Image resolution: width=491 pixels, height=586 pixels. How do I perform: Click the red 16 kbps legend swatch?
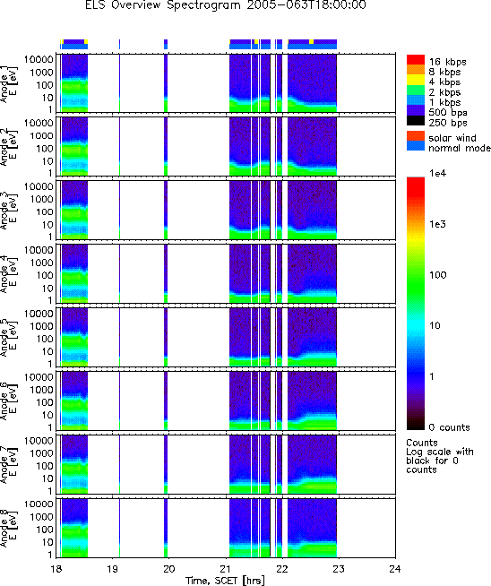tap(416, 60)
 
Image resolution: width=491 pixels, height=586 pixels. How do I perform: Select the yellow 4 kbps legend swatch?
tap(416, 80)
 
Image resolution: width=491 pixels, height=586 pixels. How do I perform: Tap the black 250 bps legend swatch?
tap(416, 120)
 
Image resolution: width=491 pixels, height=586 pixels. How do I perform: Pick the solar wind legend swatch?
tap(416, 135)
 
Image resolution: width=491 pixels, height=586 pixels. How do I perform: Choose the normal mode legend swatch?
tap(416, 146)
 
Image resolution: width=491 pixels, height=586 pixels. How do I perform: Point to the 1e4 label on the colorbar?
tap(438, 174)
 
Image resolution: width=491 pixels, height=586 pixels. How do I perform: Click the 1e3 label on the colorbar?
tap(438, 224)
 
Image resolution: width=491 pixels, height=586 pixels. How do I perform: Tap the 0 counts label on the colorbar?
tap(449, 427)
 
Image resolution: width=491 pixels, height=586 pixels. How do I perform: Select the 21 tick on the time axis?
tap(225, 569)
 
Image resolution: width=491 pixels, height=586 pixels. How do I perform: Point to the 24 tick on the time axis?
tap(394, 569)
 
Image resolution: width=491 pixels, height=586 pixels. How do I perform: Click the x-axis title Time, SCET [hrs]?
tap(225, 581)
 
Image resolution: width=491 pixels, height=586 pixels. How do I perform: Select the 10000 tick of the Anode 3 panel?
tap(39, 186)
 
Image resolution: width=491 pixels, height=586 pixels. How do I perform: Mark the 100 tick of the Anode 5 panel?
tap(45, 339)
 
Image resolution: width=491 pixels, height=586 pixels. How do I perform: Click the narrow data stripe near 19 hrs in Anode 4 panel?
tap(119, 273)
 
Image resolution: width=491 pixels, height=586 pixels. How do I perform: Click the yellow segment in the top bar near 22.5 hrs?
tap(311, 41)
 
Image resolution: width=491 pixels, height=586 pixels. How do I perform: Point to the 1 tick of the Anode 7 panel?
tap(50, 491)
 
